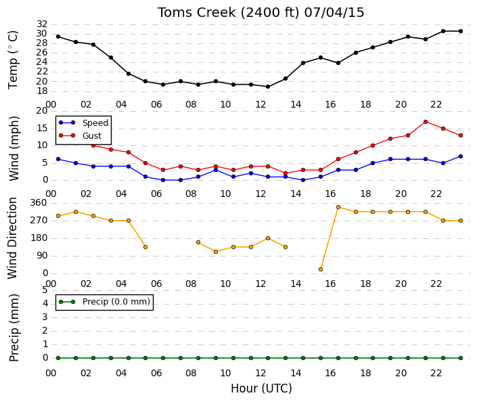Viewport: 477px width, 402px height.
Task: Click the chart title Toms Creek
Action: [196, 13]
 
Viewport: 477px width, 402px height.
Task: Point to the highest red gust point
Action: [426, 122]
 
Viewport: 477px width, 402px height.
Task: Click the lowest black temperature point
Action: [268, 87]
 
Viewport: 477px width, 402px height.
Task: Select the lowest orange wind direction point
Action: [321, 269]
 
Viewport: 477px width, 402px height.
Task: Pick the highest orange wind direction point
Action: [338, 207]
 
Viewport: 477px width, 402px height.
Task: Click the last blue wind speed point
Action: [461, 156]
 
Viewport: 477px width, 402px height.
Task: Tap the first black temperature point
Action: [58, 37]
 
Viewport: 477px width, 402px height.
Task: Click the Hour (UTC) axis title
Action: [261, 388]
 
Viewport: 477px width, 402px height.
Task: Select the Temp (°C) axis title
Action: [14, 60]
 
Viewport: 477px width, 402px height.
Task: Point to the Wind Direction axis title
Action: [12, 238]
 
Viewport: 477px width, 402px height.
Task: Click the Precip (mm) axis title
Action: [14, 328]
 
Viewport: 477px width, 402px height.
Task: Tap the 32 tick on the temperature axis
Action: [42, 24]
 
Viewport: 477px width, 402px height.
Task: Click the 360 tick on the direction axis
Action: [39, 203]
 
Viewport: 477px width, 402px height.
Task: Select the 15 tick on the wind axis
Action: [42, 128]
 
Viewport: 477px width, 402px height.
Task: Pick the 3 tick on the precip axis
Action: [45, 317]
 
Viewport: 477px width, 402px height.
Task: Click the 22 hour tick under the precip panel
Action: [436, 373]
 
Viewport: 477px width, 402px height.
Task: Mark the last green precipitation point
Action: [461, 358]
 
